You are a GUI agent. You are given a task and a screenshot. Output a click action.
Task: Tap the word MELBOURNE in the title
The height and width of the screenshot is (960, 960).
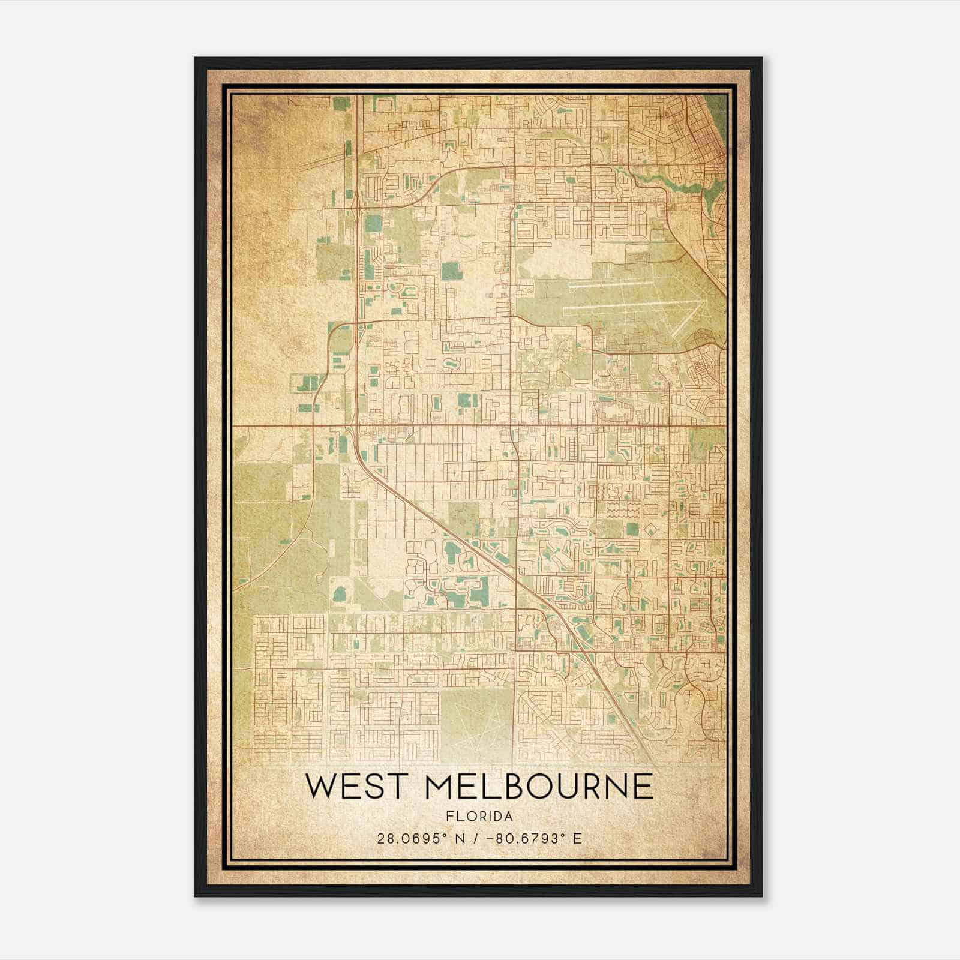[x=539, y=786]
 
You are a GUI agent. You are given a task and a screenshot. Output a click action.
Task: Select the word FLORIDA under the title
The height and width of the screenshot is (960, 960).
[x=479, y=817]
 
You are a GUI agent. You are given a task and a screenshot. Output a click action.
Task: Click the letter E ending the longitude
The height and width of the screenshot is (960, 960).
[x=577, y=838]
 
